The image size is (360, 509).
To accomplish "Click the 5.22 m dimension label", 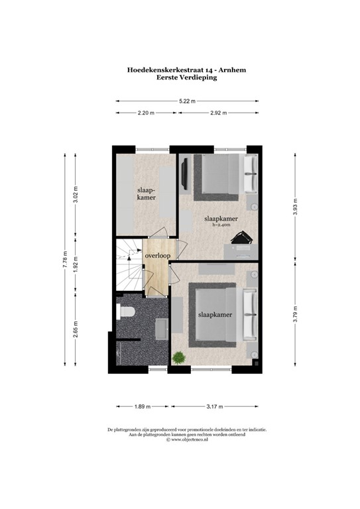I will pyautogui.click(x=188, y=101).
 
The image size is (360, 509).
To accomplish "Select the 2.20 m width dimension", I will pyautogui.click(x=146, y=113).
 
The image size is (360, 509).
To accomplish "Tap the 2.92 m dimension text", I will pyautogui.click(x=218, y=113).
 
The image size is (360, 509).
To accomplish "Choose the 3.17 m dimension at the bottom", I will pyautogui.click(x=214, y=406).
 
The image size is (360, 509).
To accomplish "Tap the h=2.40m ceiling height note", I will pyautogui.click(x=221, y=225).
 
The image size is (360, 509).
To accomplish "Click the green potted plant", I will pyautogui.click(x=178, y=359).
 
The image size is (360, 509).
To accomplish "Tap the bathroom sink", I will pyautogui.click(x=162, y=327).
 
